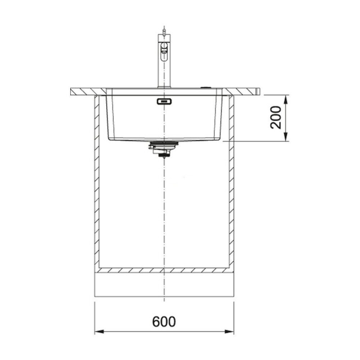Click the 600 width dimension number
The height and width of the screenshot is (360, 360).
pos(164,322)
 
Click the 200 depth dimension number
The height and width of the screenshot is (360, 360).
pos(275,117)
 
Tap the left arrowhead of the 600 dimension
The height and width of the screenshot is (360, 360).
pos(99,332)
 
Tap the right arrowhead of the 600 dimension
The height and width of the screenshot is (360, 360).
pos(229,332)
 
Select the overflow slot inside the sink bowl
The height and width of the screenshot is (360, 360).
pos(164,101)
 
